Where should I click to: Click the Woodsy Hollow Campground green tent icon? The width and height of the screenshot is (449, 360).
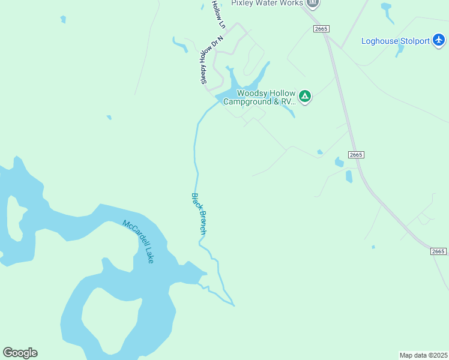305,97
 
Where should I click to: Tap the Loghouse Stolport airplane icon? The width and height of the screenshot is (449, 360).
439,40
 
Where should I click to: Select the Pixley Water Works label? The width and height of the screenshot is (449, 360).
268,3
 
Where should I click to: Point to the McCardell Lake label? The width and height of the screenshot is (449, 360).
138,241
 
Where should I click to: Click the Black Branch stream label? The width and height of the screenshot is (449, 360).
199,214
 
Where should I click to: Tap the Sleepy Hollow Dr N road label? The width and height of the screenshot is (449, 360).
211,59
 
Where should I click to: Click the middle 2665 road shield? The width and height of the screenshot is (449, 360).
356,154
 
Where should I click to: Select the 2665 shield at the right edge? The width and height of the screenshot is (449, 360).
439,251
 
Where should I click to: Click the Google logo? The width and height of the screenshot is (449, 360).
20,353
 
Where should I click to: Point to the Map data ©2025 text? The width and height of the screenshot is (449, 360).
423,355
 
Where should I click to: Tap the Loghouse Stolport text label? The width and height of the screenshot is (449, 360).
396,41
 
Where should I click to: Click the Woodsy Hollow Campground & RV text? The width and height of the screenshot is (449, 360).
260,97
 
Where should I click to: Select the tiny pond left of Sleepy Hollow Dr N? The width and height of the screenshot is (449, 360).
179,45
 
